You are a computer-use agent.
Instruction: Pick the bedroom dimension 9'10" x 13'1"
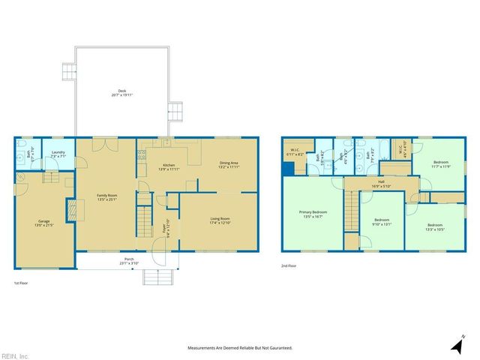click(382, 224)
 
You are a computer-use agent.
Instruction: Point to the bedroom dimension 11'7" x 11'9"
click(442, 166)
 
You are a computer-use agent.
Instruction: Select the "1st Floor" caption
click(22, 283)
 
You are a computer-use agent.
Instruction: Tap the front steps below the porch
click(157, 277)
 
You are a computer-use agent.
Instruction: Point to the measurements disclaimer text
click(239, 348)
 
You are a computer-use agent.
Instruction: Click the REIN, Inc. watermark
click(15, 355)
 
